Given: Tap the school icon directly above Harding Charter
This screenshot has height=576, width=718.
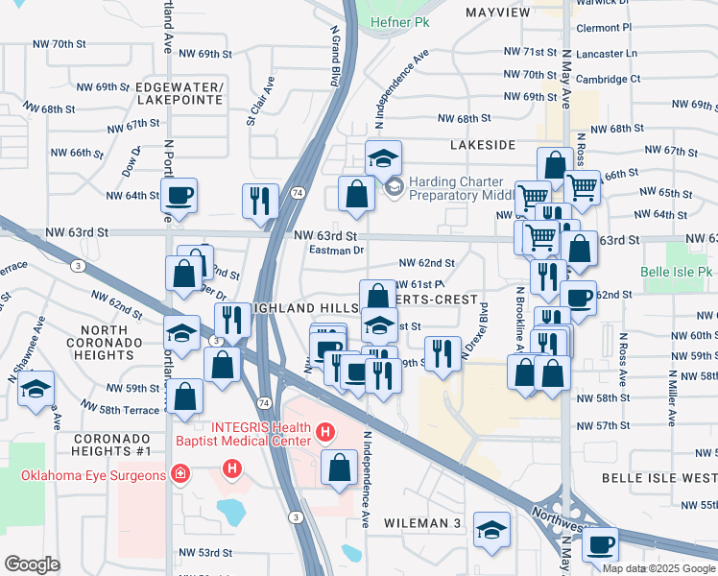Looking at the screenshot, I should [383, 157].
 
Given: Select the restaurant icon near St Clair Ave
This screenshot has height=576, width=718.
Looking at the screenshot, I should [260, 201].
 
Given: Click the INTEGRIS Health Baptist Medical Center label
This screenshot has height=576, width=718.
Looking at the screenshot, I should [255, 434].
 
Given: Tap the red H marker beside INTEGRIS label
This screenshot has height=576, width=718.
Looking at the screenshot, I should [325, 433].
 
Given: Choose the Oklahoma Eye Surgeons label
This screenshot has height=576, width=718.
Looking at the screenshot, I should [84, 472].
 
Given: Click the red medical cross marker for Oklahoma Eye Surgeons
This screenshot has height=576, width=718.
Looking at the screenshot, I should [179, 472].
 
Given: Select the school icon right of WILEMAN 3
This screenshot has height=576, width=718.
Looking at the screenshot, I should [491, 529].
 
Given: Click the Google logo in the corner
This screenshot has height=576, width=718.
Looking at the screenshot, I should [32, 564].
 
